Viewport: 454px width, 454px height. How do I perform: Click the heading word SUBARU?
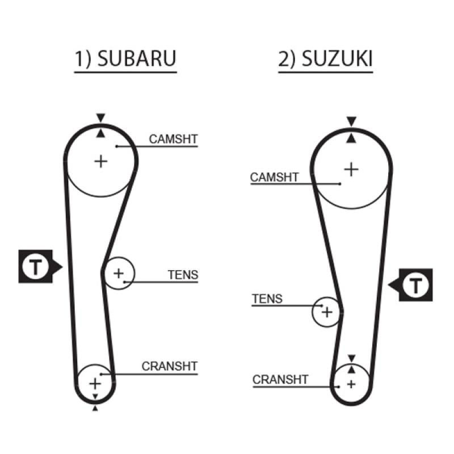pos(137,58)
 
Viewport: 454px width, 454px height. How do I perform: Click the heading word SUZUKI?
pos(337,59)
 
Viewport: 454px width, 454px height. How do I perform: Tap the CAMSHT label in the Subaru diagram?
pos(173,139)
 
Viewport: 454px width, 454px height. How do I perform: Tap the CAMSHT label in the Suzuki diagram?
pos(274,177)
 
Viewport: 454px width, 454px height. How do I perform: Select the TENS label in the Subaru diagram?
pos(183,275)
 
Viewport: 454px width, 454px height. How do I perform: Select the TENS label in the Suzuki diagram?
pos(267,299)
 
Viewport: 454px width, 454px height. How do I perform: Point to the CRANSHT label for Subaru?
pos(169,367)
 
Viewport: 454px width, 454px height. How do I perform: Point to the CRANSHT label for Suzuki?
pos(280,380)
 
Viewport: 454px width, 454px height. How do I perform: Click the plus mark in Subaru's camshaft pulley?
pos(101,162)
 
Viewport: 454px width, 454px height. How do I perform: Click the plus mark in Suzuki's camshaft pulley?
pos(351,169)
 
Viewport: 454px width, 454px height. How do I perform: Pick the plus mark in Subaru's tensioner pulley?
pos(119,274)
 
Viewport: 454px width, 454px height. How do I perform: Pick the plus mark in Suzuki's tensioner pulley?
pos(327,312)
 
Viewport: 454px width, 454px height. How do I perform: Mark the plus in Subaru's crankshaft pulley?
pos(95,384)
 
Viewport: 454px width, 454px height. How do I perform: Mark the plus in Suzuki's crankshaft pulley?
pos(351,385)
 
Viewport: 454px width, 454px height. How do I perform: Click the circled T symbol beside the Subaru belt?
pos(36,266)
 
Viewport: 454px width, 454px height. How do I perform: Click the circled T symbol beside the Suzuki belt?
pos(416,285)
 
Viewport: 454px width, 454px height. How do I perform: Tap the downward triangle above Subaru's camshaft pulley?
pos(100,118)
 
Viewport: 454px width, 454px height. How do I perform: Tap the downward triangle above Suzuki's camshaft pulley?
pos(351,121)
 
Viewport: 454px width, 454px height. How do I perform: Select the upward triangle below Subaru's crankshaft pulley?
pos(95,408)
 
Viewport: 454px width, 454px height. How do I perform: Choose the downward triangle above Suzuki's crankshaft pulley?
pos(351,359)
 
